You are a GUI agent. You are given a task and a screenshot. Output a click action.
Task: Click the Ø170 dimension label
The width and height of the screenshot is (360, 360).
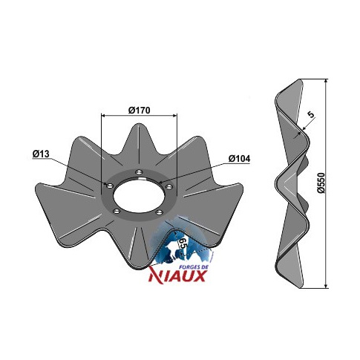(139, 110)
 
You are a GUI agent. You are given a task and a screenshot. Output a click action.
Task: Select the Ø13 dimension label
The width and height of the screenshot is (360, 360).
(41, 154)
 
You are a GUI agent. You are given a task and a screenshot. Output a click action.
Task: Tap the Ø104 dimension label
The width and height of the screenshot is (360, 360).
(239, 159)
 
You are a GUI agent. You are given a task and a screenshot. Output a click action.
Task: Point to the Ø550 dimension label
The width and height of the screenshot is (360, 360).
(321, 183)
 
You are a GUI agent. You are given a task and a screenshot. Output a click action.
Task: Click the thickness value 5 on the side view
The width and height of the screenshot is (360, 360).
(311, 114)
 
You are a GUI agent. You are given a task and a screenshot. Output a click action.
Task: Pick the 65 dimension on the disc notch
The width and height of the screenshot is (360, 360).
(183, 244)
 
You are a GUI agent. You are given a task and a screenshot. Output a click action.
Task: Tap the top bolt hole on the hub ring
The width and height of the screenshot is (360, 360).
(140, 171)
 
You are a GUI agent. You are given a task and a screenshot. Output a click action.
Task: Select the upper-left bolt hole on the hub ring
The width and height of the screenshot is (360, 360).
(109, 186)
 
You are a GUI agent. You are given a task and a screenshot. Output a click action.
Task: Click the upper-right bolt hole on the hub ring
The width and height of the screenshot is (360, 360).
(168, 186)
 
